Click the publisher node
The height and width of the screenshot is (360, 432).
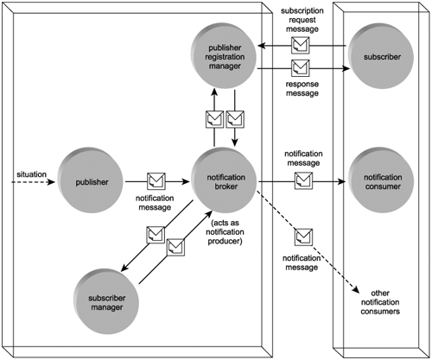click(91, 180)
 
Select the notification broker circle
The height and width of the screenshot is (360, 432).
click(224, 180)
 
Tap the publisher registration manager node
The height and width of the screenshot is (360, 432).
click(224, 56)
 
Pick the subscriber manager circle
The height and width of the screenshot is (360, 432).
click(106, 301)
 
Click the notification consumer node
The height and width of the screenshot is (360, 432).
click(381, 180)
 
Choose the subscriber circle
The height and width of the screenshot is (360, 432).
click(381, 56)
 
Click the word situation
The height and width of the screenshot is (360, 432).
click(31, 174)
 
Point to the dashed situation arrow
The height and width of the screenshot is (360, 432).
click(33, 182)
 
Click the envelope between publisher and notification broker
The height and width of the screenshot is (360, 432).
click(156, 181)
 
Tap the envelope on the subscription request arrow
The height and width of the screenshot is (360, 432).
click(301, 45)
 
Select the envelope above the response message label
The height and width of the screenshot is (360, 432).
click(301, 68)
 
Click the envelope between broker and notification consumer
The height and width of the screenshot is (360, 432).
click(303, 180)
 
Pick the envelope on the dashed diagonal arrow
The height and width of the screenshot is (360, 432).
click(303, 237)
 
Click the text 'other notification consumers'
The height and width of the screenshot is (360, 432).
click(380, 302)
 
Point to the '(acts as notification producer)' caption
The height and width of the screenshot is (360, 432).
click(225, 232)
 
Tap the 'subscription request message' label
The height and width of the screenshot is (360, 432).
click(302, 20)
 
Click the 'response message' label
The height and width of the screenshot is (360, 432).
click(302, 89)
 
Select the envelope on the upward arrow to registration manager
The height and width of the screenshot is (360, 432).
click(214, 119)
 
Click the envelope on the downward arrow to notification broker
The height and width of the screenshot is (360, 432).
click(235, 119)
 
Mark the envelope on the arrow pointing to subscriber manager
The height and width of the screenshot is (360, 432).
click(156, 235)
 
